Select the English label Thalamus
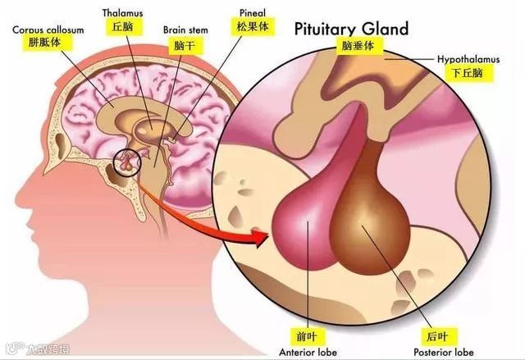(x=121, y=14)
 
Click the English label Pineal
(x=251, y=14)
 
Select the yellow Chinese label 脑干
(x=184, y=44)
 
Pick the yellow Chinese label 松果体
(x=251, y=27)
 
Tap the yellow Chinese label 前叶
(x=304, y=335)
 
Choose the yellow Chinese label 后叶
(x=430, y=335)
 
